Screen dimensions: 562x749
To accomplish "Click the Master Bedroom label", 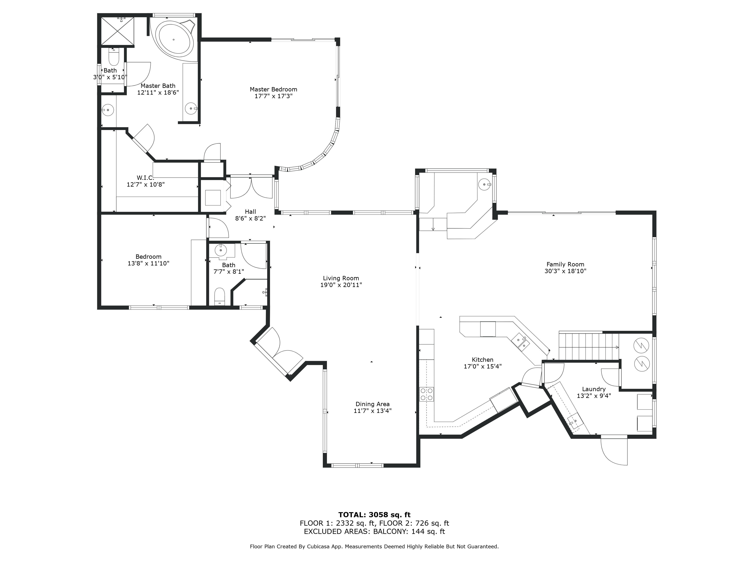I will point(273,89).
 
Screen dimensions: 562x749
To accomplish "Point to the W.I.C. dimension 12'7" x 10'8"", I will point(146,185).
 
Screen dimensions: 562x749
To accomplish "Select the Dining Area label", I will point(372,404).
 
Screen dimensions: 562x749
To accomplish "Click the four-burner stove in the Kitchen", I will point(426,394).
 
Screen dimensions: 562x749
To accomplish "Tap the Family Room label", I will point(565,265).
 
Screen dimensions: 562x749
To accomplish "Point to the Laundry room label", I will point(594,389).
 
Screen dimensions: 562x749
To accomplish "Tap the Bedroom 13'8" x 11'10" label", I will point(148,257).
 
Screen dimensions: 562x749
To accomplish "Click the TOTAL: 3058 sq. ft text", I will point(374,515).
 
